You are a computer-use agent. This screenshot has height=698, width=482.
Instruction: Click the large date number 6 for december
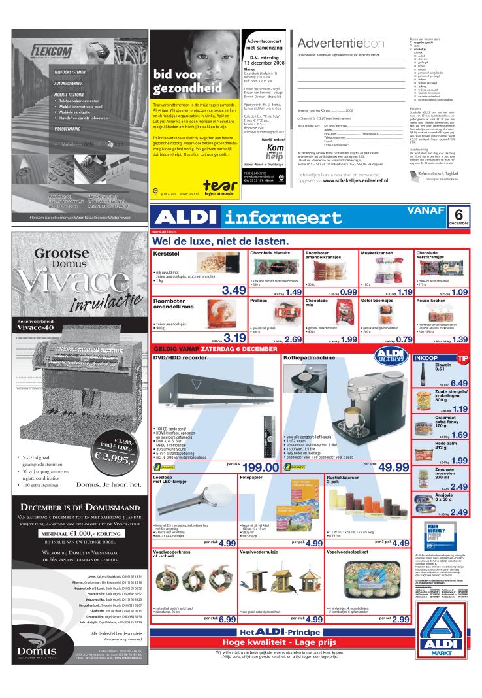[x=458, y=214]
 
